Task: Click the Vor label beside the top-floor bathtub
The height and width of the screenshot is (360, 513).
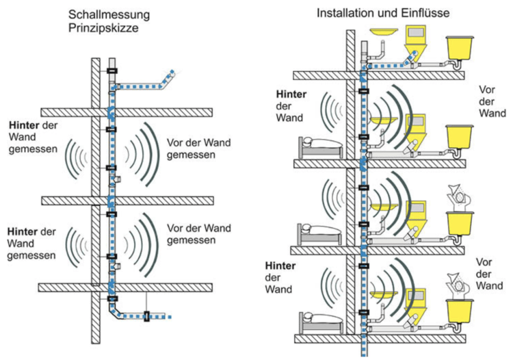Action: pos(488,89)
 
